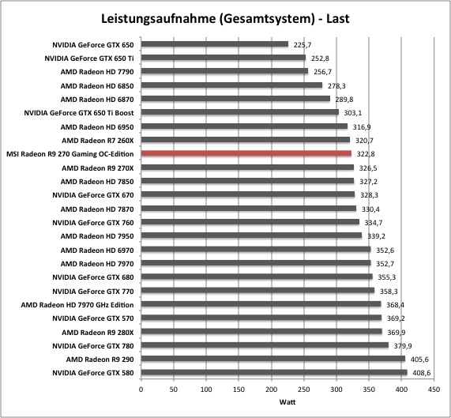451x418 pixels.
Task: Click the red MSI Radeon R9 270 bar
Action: pyautogui.click(x=246, y=153)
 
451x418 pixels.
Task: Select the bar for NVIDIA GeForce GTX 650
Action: pyautogui.click(x=215, y=44)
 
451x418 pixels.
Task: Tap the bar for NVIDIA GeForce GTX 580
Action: pyautogui.click(x=274, y=372)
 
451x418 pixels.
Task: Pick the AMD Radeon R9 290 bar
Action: pyautogui.click(x=273, y=359)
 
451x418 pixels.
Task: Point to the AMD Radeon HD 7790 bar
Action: pyautogui.click(x=224, y=71)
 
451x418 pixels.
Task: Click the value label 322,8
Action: pyautogui.click(x=366, y=154)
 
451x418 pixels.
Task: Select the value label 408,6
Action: pyautogui.click(x=421, y=373)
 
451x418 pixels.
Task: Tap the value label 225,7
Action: pyautogui.click(x=303, y=45)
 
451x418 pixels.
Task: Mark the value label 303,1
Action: pyautogui.click(x=352, y=113)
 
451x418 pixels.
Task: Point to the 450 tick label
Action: pyautogui.click(x=434, y=390)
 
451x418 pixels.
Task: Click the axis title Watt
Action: pyautogui.click(x=287, y=402)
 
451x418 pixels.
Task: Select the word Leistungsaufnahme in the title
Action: pyautogui.click(x=158, y=19)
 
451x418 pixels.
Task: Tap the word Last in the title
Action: pyautogui.click(x=338, y=19)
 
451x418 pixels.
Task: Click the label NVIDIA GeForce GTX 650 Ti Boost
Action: pyautogui.click(x=79, y=113)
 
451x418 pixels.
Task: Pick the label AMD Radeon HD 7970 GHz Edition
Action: pyautogui.click(x=77, y=305)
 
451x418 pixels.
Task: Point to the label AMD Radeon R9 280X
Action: pyautogui.click(x=98, y=333)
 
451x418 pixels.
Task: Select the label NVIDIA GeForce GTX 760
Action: pyautogui.click(x=93, y=223)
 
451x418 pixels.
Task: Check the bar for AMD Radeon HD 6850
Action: pyautogui.click(x=231, y=85)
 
